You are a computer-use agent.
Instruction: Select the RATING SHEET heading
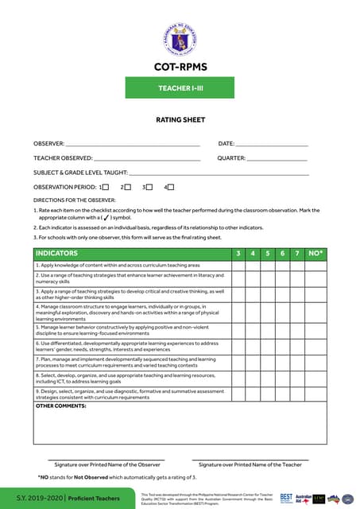pyautogui.click(x=180, y=120)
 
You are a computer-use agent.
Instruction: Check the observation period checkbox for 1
pyautogui.click(x=106, y=187)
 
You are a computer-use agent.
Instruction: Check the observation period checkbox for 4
pyautogui.click(x=170, y=187)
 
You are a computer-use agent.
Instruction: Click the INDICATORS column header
pyautogui.click(x=60, y=253)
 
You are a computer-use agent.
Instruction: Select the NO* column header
pyautogui.click(x=315, y=253)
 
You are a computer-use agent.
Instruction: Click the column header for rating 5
pyautogui.click(x=268, y=253)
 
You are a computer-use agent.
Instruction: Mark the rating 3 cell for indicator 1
pyautogui.click(x=238, y=265)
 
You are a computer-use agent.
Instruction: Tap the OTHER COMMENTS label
pyautogui.click(x=60, y=406)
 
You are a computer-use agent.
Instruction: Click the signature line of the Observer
pyautogui.click(x=106, y=459)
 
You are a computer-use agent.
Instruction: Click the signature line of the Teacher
pyautogui.click(x=250, y=459)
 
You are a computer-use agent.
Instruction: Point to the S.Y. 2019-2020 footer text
pyautogui.click(x=33, y=498)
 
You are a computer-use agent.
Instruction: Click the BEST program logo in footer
pyautogui.click(x=286, y=498)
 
